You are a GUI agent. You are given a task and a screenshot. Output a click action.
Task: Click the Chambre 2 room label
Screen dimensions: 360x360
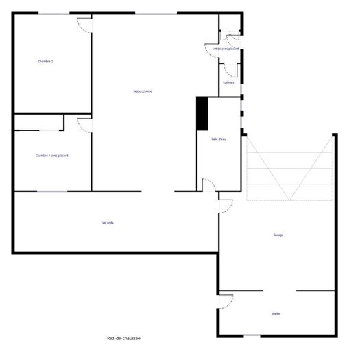tap(45, 62)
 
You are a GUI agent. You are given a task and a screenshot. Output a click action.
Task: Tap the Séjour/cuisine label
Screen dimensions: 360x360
tap(143, 91)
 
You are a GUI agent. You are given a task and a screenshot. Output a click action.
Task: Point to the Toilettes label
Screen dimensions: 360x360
tap(229, 82)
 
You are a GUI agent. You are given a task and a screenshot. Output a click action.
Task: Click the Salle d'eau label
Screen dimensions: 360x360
tap(219, 139)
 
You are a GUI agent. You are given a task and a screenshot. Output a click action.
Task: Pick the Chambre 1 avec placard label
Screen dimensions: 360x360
tap(51, 156)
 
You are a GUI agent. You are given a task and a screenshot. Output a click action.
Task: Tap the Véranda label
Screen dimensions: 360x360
tap(108, 224)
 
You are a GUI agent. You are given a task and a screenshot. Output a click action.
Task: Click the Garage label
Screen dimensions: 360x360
tap(278, 235)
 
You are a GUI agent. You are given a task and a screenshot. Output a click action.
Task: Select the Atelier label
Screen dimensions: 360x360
tap(276, 314)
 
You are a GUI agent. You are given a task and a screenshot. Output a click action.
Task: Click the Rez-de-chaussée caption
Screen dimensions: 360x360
tap(124, 338)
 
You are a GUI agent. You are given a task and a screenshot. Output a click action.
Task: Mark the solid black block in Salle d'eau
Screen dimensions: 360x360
tap(202, 112)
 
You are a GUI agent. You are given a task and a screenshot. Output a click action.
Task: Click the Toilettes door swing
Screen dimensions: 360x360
tap(231, 69)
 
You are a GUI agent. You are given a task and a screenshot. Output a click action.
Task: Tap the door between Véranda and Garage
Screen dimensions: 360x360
tap(225, 204)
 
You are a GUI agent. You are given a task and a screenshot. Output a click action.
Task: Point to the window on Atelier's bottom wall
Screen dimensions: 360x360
tap(252, 335)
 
